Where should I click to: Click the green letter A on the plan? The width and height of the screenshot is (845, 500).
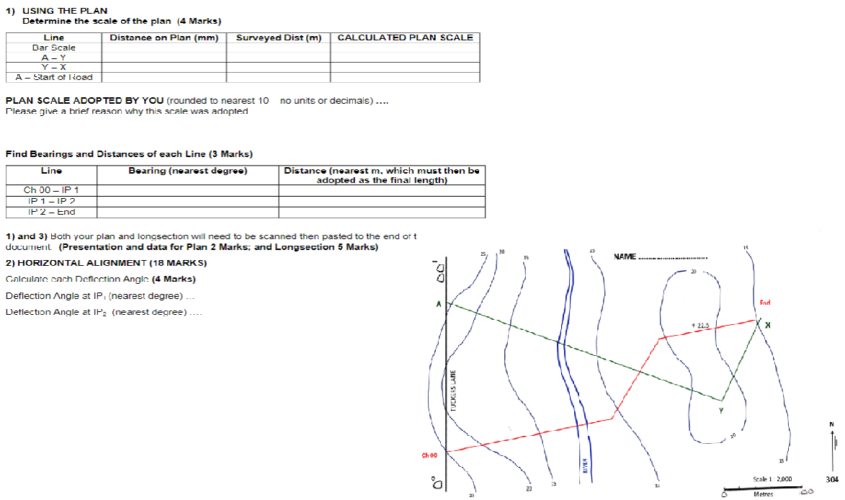pos(437,305)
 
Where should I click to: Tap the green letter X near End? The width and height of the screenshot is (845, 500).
pos(768,325)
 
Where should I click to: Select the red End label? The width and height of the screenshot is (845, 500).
pos(765,303)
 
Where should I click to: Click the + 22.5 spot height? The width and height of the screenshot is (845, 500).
pos(700,326)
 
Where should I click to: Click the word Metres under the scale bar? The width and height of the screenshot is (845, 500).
pos(763,494)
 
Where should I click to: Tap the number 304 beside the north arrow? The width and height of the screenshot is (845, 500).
pos(832,478)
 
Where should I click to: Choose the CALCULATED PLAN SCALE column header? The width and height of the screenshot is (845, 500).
pos(405,37)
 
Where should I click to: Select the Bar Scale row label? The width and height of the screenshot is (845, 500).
pos(54,48)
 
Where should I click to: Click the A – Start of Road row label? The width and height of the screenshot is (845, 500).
pos(54,77)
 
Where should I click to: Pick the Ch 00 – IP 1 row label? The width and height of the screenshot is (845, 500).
pos(51,190)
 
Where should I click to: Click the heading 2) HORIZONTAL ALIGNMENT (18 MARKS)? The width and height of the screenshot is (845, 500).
pos(106,262)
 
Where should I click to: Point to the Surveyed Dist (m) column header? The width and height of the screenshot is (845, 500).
pos(278,37)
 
